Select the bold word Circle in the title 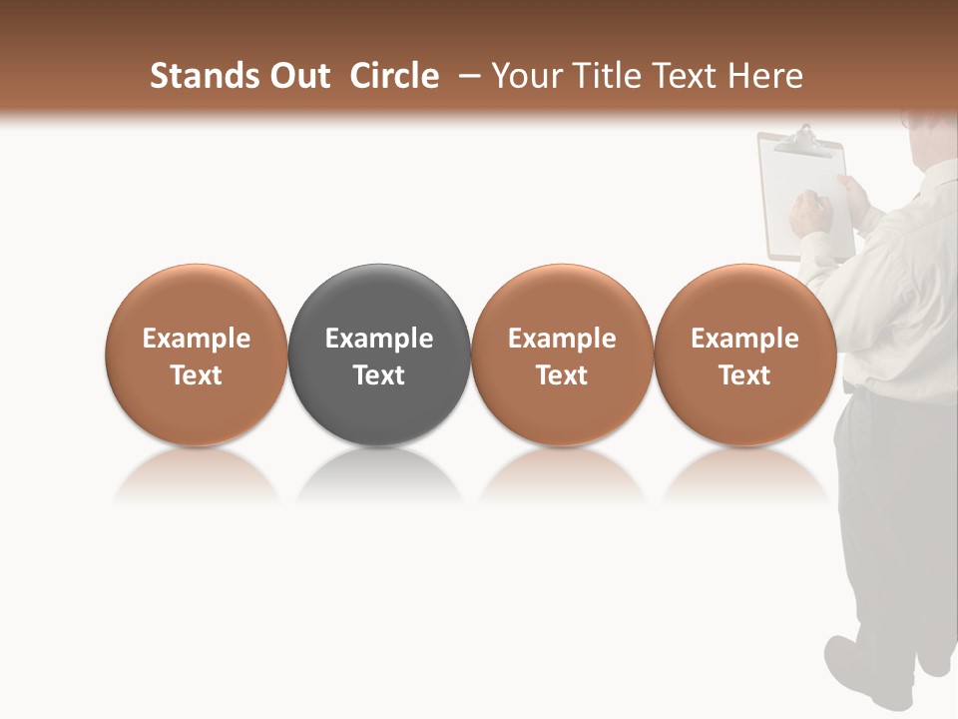[394, 76]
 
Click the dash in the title [470, 76]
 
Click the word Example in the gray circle [379, 339]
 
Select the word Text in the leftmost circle [197, 375]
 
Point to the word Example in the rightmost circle [745, 339]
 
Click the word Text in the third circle [562, 375]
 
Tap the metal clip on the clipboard [803, 141]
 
